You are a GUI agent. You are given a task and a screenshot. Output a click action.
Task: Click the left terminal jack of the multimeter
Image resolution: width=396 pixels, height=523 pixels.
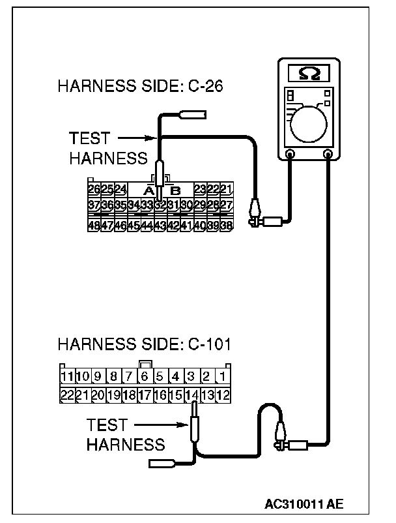click(290, 155)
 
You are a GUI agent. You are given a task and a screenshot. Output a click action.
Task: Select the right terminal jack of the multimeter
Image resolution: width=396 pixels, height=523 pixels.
click(328, 155)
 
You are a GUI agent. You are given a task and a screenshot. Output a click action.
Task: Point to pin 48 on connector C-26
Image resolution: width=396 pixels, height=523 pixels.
click(94, 226)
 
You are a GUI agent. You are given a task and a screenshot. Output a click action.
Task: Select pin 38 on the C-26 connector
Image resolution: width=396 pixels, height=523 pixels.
click(227, 226)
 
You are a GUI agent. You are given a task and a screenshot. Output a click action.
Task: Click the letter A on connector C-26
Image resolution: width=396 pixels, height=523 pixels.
click(148, 190)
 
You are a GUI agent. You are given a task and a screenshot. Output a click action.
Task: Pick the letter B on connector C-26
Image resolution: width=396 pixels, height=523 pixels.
click(175, 190)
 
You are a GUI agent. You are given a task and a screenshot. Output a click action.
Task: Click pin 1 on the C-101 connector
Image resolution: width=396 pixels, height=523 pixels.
click(222, 376)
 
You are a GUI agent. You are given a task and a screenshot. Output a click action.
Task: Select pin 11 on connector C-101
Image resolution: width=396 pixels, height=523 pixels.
click(66, 376)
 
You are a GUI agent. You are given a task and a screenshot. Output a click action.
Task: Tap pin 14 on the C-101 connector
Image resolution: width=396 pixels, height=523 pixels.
click(191, 395)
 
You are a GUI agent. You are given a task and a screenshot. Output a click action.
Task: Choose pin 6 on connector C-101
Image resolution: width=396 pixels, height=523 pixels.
click(145, 376)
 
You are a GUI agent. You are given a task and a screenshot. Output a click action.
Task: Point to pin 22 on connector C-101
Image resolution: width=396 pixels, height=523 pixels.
click(66, 395)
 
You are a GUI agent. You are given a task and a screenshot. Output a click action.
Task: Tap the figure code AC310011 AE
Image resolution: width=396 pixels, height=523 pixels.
click(304, 504)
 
